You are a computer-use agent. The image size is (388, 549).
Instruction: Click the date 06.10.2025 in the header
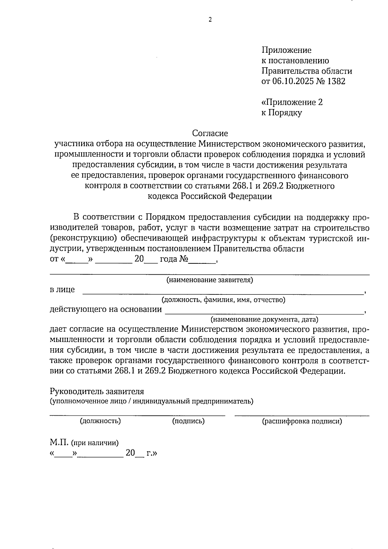tap(294, 82)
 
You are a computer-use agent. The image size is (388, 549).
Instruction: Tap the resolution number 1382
tap(336, 82)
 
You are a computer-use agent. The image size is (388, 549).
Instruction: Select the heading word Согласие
tap(210, 133)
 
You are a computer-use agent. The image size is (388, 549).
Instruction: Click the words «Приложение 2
tap(292, 103)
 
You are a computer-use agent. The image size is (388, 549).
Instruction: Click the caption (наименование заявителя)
tap(210, 280)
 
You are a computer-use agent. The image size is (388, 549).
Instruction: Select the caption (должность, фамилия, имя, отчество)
tap(223, 300)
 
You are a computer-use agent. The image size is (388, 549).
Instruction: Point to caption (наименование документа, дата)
tap(264, 320)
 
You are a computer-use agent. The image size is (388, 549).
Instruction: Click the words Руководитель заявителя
tap(97, 391)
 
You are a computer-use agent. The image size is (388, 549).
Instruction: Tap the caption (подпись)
tap(188, 421)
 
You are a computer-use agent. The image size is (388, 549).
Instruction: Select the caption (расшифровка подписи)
tap(302, 421)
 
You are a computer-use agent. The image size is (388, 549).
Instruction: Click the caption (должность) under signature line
tap(100, 421)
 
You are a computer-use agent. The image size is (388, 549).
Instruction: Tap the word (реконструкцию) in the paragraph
tap(83, 239)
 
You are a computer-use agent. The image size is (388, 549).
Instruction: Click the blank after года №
tap(202, 260)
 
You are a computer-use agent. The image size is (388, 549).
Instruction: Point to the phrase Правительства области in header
tap(307, 71)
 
